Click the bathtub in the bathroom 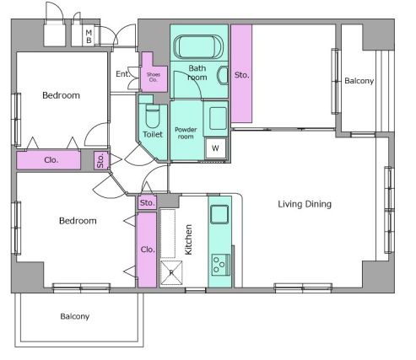(198, 47)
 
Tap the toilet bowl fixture (153, 116)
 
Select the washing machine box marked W (215, 148)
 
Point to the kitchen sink (219, 214)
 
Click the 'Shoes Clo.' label (154, 77)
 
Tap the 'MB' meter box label (89, 36)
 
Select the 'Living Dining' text (305, 204)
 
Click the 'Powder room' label (186, 133)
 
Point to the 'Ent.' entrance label (123, 74)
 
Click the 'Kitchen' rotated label (188, 239)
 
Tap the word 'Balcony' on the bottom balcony (75, 316)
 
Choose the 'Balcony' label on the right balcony (359, 81)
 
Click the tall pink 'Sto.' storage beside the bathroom (241, 73)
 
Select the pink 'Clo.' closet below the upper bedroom (49, 160)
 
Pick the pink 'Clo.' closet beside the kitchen (147, 250)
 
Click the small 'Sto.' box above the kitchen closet (147, 202)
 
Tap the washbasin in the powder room (218, 118)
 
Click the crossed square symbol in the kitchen (171, 272)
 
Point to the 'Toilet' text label (153, 134)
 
